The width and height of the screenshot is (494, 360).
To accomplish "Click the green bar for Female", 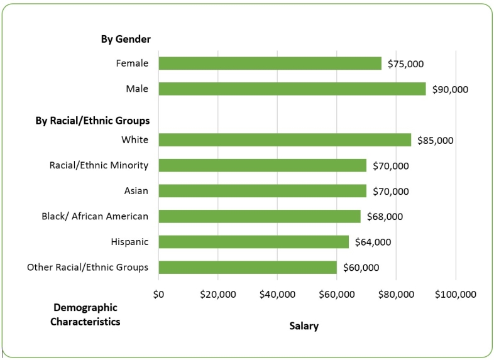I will [x=270, y=63].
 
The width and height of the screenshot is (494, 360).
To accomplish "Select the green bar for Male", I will [x=292, y=89].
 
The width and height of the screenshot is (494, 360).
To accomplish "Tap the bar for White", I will [x=285, y=140].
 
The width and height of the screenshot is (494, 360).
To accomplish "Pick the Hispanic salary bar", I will [x=253, y=242].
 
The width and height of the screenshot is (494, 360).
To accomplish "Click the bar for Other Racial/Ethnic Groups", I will [x=248, y=268].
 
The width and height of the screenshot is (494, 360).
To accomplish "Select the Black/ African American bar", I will [x=260, y=216].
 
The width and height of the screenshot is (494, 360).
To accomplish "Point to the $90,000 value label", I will [x=450, y=89].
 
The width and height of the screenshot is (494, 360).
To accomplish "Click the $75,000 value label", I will [x=405, y=64].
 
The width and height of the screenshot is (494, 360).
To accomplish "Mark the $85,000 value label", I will [x=435, y=141].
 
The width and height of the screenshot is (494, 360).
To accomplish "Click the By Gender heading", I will [x=126, y=39].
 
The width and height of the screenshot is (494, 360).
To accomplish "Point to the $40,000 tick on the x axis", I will [x=277, y=294].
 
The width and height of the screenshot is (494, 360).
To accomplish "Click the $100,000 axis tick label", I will [x=456, y=294].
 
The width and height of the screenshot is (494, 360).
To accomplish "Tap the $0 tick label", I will [x=158, y=294].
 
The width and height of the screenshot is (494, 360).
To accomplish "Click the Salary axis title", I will [x=304, y=326].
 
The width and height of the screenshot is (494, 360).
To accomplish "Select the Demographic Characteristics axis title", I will [x=85, y=315].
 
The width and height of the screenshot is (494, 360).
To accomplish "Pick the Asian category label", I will [x=136, y=191].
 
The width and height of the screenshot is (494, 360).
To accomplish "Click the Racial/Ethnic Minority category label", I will [x=99, y=165].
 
